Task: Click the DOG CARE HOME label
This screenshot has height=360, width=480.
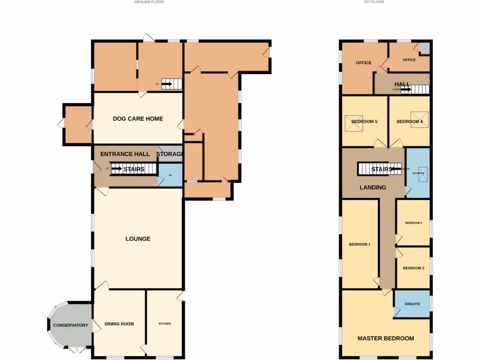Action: pos(138,119)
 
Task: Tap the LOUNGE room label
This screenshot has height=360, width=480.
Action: pos(138,239)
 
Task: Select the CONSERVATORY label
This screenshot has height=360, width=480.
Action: pos(70,325)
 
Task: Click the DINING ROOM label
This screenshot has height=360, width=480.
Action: pos(119,324)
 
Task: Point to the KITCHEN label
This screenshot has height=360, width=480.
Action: pos(165,324)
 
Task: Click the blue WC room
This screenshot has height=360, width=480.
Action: pos(170,176)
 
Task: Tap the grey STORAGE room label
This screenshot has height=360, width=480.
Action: pos(170,154)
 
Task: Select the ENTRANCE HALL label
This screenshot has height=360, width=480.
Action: pos(125,154)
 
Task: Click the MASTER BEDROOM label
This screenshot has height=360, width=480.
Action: pos(386,338)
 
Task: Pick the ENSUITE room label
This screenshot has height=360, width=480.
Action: pos(412,304)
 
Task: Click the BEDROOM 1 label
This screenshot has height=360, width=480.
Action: pos(360,244)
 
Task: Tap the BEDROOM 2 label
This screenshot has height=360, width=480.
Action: pos(413,268)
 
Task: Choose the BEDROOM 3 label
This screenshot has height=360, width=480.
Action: pos(413,223)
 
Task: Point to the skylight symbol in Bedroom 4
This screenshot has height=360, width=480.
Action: pos(419,116)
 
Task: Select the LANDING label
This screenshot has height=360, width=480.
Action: pos(373,187)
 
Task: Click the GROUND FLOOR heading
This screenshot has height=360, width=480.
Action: pos(149,2)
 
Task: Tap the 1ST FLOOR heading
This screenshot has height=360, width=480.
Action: pos(374,2)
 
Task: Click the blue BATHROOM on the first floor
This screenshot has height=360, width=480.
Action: pos(418,172)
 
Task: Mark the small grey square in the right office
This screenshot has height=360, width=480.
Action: pos(424,48)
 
